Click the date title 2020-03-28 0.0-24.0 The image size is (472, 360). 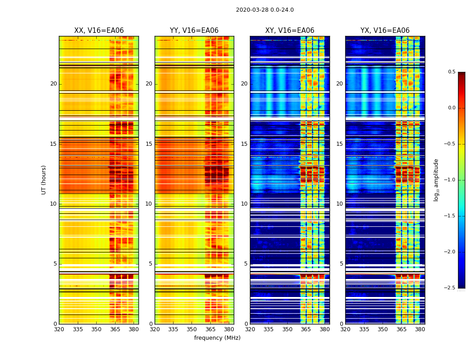coord(265,10)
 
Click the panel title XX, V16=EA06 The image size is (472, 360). coord(99,31)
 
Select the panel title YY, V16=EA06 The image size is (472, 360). coord(194,31)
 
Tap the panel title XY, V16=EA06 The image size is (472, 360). coord(289,31)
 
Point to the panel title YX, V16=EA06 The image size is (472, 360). coord(385,31)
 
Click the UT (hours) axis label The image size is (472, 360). coord(44,180)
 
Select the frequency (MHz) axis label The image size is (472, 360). coord(217,338)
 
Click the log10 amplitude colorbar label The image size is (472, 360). coord(436,180)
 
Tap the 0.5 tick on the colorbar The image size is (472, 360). coord(451,72)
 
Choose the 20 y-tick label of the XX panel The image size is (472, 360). coord(53,84)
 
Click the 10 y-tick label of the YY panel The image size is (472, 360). coord(149,204)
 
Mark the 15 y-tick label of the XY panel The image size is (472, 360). coord(244,144)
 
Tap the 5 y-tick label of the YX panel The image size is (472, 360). coord(341,264)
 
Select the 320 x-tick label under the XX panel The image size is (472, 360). coord(59,329)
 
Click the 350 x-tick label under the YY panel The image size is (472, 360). coord(192,329)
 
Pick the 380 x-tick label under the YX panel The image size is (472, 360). coord(420,329)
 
